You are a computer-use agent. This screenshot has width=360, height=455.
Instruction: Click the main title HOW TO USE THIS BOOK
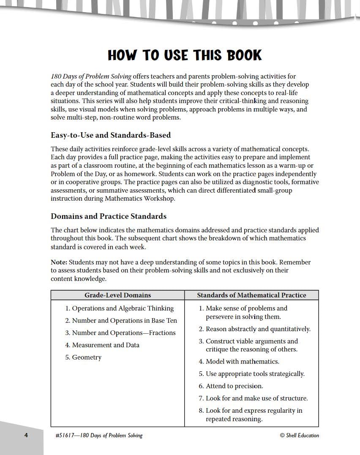pyautogui.click(x=185, y=55)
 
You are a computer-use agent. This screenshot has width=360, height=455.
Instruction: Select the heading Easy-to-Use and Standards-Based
pyautogui.click(x=111, y=135)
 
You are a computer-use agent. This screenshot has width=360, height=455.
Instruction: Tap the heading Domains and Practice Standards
pyautogui.click(x=109, y=216)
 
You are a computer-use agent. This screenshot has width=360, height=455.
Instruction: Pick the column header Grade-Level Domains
pyautogui.click(x=117, y=295)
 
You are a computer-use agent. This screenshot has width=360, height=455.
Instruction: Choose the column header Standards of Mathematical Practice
pyautogui.click(x=251, y=295)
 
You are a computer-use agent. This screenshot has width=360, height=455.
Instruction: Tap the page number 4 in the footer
pyautogui.click(x=26, y=436)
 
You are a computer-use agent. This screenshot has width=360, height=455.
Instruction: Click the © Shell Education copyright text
pyautogui.click(x=299, y=436)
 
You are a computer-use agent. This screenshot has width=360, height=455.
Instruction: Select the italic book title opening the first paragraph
pyautogui.click(x=91, y=76)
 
